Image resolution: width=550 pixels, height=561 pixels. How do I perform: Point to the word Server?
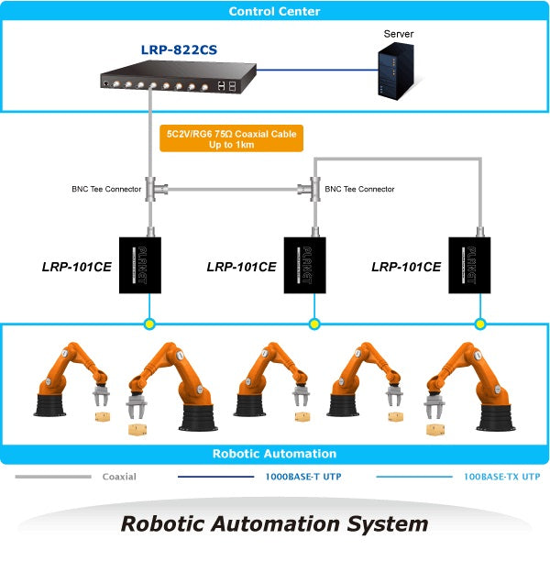(398, 34)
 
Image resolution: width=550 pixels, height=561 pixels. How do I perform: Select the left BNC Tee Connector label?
(106, 190)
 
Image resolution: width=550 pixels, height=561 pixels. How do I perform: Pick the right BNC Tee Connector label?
(360, 190)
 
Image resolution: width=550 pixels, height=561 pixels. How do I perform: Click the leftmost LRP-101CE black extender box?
(140, 266)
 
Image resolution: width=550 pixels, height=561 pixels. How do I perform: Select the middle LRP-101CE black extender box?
(305, 266)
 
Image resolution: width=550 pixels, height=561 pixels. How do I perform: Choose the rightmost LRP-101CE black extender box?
(469, 266)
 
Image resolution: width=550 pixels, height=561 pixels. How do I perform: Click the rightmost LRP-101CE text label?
(406, 268)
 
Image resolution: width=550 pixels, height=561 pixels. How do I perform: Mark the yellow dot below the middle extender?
(314, 324)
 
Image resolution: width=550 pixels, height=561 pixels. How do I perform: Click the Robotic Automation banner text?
(274, 454)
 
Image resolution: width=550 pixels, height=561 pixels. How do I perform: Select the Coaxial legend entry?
(119, 477)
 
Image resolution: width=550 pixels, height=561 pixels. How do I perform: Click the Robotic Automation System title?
(275, 524)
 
